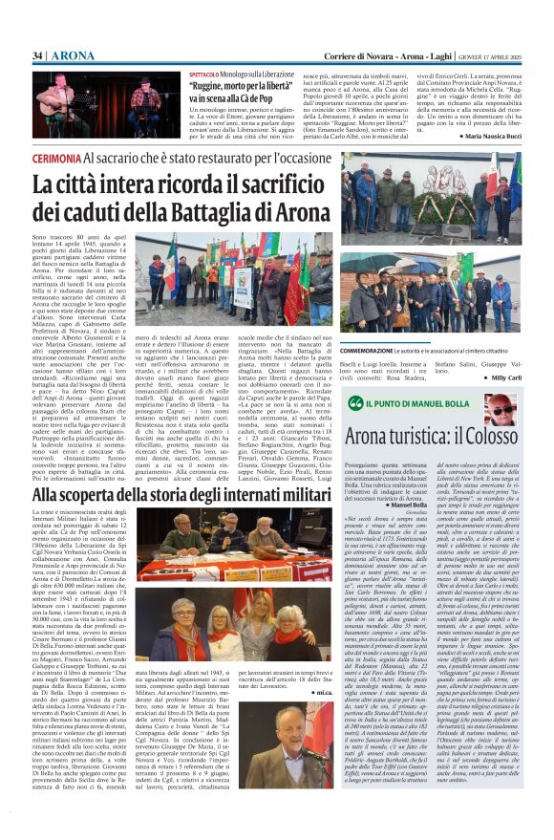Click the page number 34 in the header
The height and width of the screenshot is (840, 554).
[x=38, y=55]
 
